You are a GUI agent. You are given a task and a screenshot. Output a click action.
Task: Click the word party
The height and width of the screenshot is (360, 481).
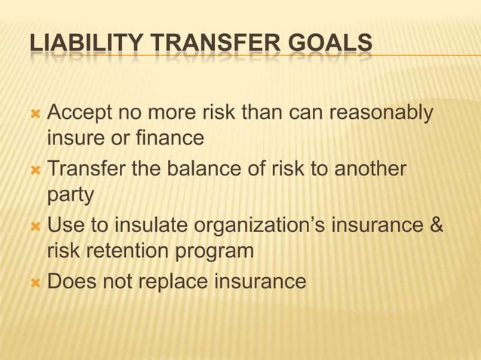click(70, 196)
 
